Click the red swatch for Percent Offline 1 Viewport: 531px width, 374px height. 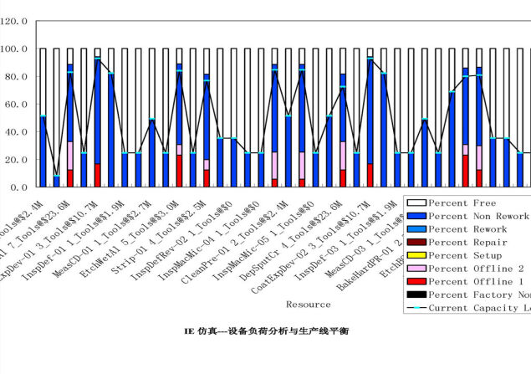[416, 282]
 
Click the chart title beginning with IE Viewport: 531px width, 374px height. [264, 330]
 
